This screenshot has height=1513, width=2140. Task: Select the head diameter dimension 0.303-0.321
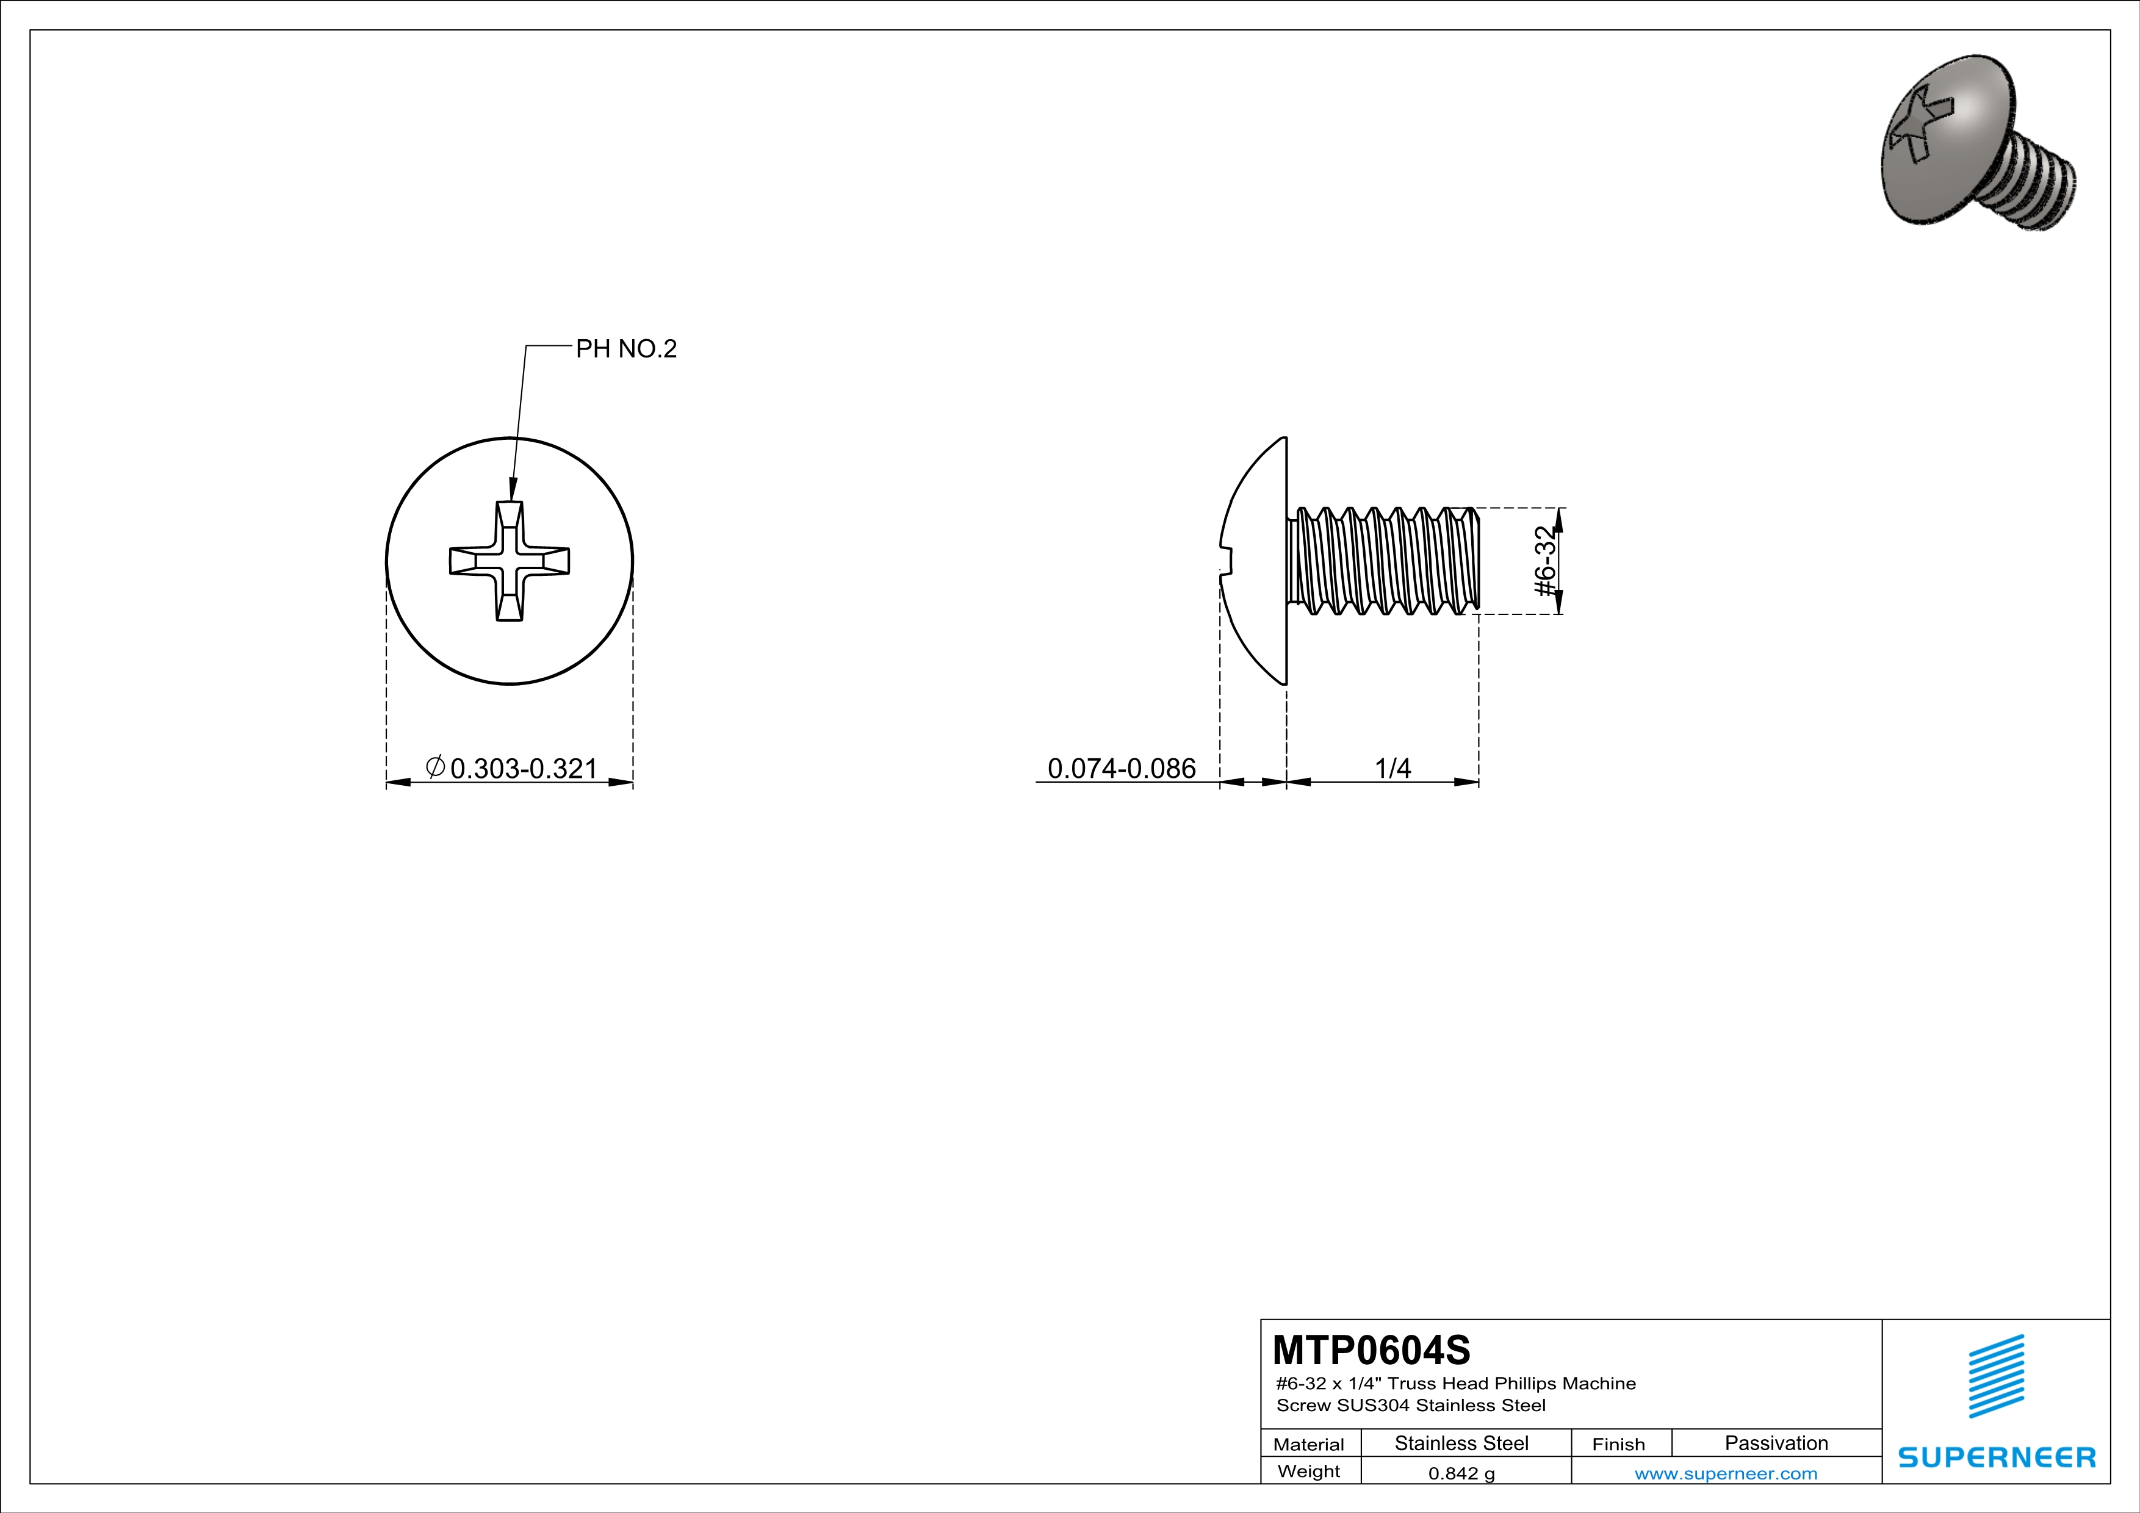[x=523, y=769]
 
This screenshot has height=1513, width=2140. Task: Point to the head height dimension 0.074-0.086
[x=1122, y=769]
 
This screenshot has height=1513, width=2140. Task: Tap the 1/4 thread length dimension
[x=1392, y=769]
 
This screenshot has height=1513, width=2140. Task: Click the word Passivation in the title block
[x=1776, y=1443]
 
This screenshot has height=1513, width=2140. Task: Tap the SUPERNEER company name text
[x=1997, y=1457]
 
